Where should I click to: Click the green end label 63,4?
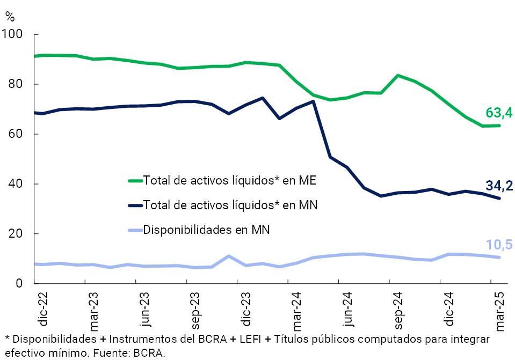point(499,113)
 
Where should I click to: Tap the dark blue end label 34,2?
point(499,186)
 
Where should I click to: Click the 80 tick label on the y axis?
point(16,85)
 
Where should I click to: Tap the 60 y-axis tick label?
point(16,134)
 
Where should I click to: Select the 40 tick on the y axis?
point(16,184)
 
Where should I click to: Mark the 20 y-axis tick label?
point(16,234)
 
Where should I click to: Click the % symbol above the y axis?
point(10,16)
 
